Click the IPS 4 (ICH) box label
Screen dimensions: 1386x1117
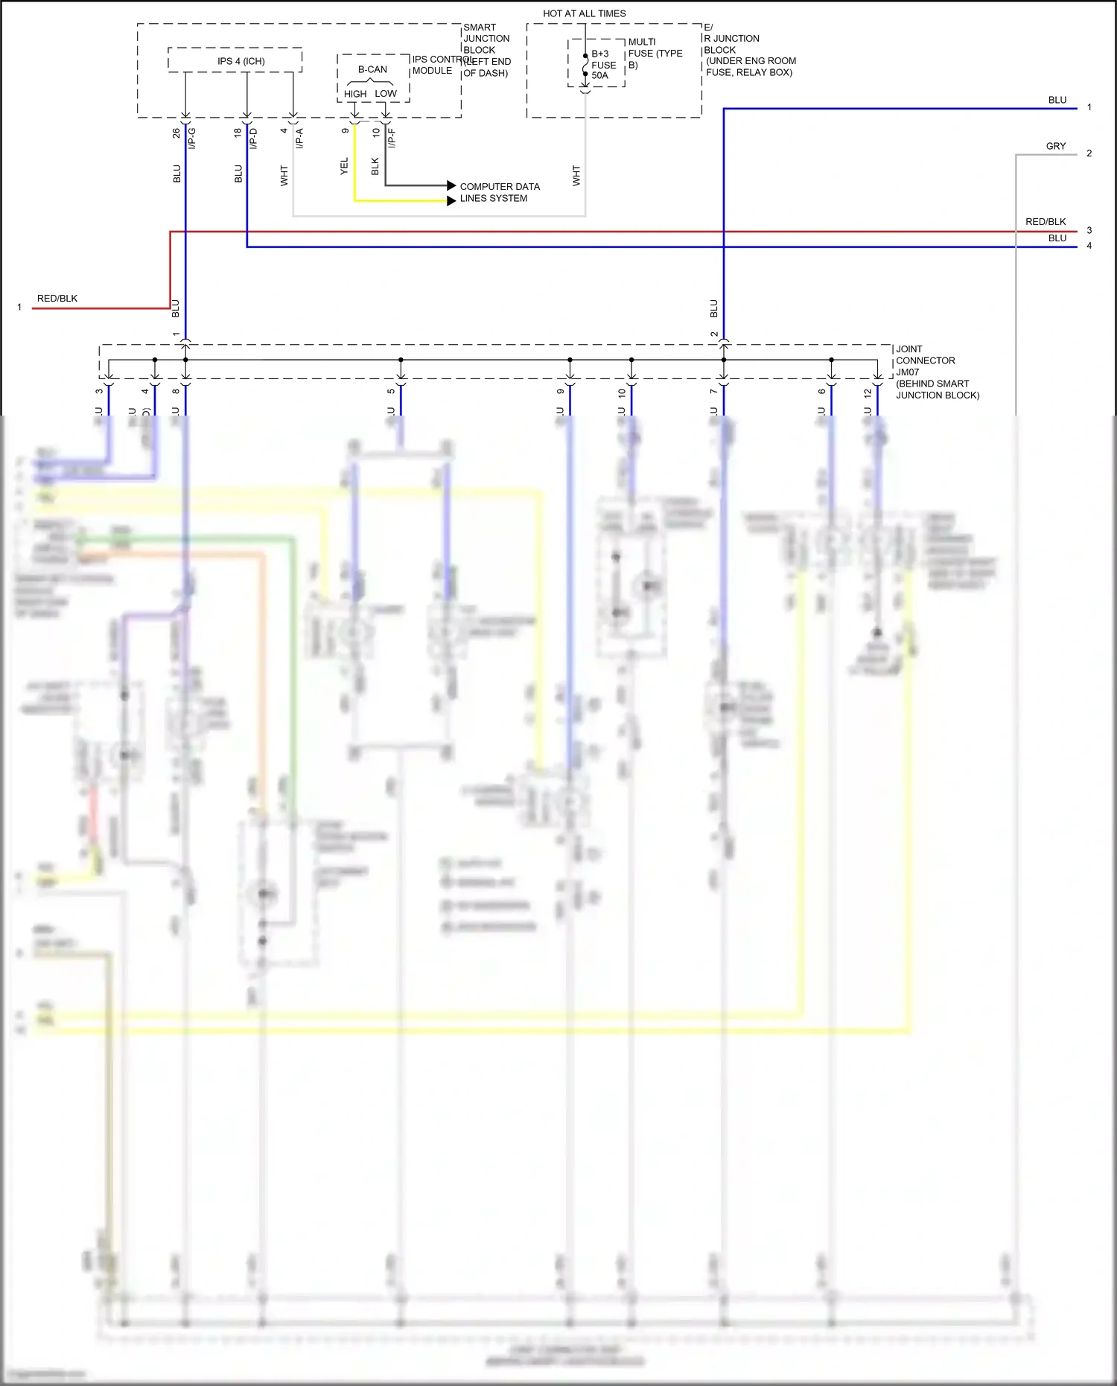tap(241, 61)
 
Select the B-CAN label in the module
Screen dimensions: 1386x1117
tap(372, 69)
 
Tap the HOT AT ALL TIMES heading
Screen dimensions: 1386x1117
tap(584, 13)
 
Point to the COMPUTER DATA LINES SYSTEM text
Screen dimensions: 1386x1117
tap(499, 192)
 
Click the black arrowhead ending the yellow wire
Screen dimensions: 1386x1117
tap(451, 200)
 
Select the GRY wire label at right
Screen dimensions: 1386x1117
tap(1055, 146)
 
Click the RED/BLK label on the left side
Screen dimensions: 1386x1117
tap(57, 299)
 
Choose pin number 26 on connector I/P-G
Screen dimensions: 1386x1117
tap(176, 133)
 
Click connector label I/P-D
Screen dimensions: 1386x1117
tap(253, 138)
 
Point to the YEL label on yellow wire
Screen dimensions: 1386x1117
tap(344, 166)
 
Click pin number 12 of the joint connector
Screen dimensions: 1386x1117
tap(868, 392)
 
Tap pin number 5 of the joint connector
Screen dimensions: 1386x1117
tap(391, 391)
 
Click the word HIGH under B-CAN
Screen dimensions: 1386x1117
tap(355, 94)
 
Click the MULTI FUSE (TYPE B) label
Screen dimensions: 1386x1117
tap(655, 53)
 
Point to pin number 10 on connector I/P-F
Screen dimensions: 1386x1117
tap(376, 132)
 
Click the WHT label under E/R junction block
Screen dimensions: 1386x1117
tap(576, 176)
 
